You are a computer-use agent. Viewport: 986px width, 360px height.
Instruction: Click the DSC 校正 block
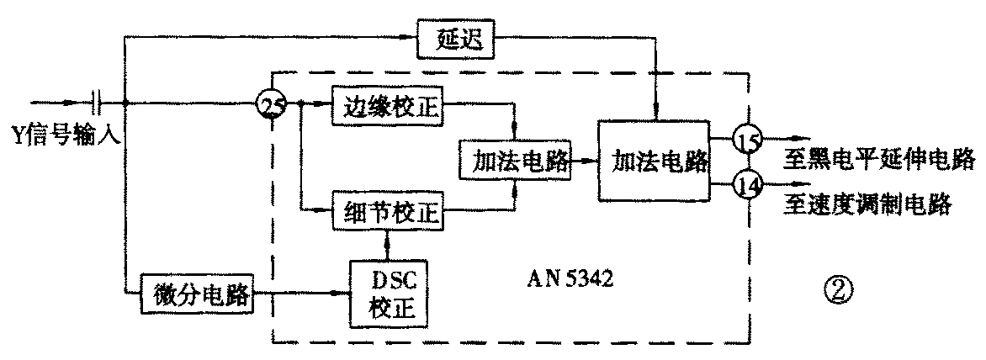click(x=387, y=294)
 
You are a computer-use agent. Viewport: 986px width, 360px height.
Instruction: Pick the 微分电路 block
click(x=193, y=294)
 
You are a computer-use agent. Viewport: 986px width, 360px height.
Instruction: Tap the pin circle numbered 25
click(x=273, y=106)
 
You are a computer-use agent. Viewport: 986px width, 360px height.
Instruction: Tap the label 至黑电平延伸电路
click(x=875, y=158)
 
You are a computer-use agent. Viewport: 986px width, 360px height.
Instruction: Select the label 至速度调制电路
click(x=867, y=203)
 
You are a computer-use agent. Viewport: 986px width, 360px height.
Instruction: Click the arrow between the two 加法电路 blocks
click(x=584, y=160)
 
